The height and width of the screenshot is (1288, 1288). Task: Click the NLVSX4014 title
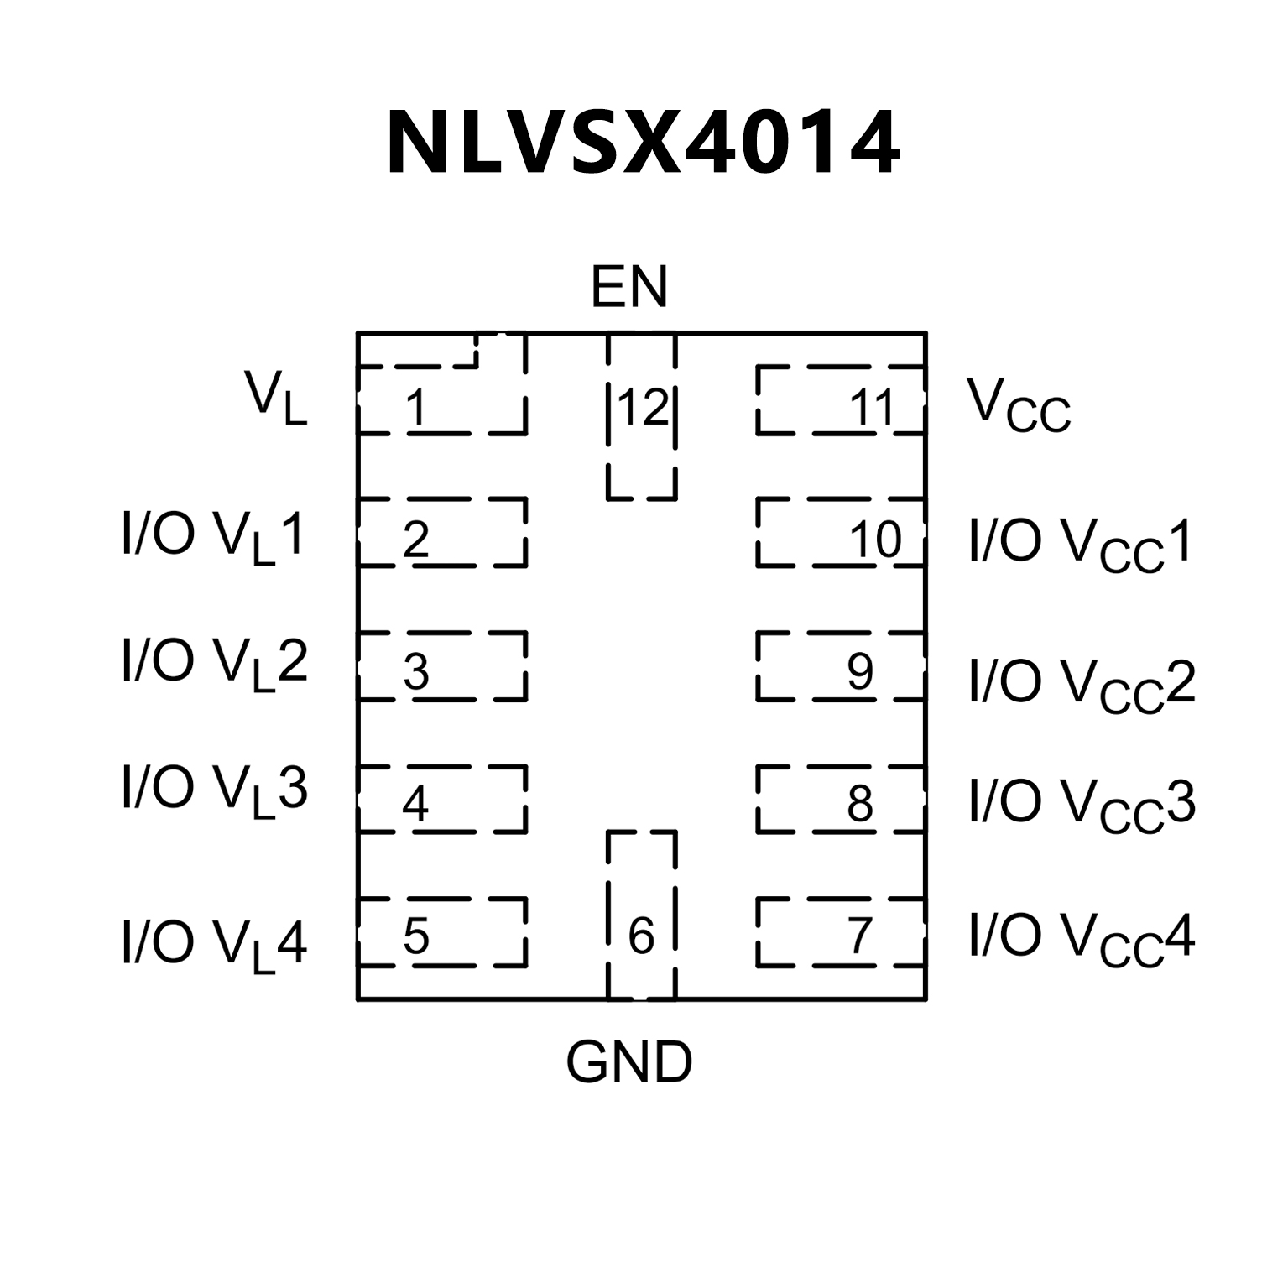point(643,143)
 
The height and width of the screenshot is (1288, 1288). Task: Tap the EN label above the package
point(628,288)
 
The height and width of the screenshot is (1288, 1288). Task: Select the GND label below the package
point(628,1062)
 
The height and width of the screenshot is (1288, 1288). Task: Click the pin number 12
point(643,408)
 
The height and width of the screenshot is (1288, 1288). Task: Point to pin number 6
point(641,936)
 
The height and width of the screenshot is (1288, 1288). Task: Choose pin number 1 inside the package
point(415,409)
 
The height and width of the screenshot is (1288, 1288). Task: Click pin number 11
point(873,409)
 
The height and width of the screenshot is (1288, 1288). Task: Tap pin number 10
point(875,540)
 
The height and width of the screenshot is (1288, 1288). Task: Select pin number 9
point(860,670)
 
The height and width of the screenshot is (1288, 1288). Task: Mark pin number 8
point(860,804)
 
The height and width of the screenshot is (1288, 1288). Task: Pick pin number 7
point(860,936)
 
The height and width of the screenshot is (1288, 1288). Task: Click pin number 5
point(416,936)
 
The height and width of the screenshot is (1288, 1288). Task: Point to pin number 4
point(415,804)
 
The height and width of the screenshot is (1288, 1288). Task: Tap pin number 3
point(416,671)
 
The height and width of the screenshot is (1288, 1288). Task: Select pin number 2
point(416,540)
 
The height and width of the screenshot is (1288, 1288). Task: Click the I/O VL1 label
point(213,537)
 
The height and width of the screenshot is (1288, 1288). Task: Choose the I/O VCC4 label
point(1082,938)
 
